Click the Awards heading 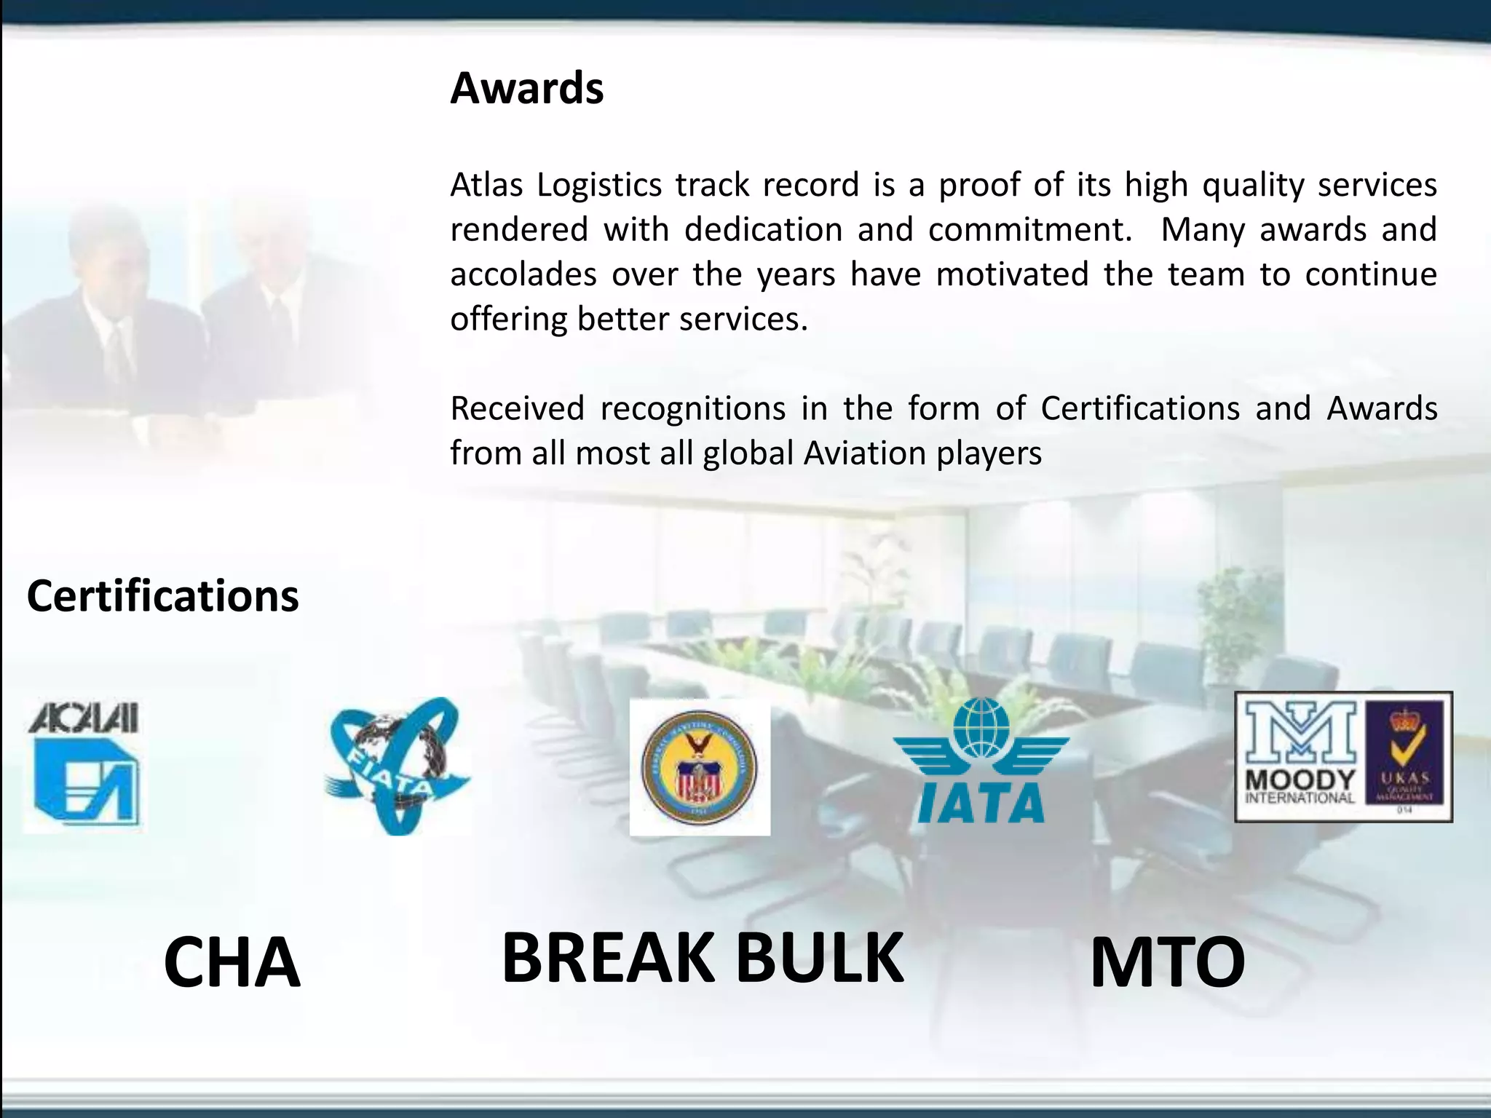pos(526,89)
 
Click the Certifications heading pos(162,596)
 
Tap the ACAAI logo pos(84,766)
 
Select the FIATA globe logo pos(397,766)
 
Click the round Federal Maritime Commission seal pos(699,768)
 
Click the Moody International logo pos(1300,757)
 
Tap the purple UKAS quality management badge pos(1404,757)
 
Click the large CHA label pos(232,962)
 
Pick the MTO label pos(1167,962)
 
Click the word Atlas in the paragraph pos(486,185)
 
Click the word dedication pos(762,230)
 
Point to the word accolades pos(523,274)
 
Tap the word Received pos(517,408)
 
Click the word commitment pos(1029,230)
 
